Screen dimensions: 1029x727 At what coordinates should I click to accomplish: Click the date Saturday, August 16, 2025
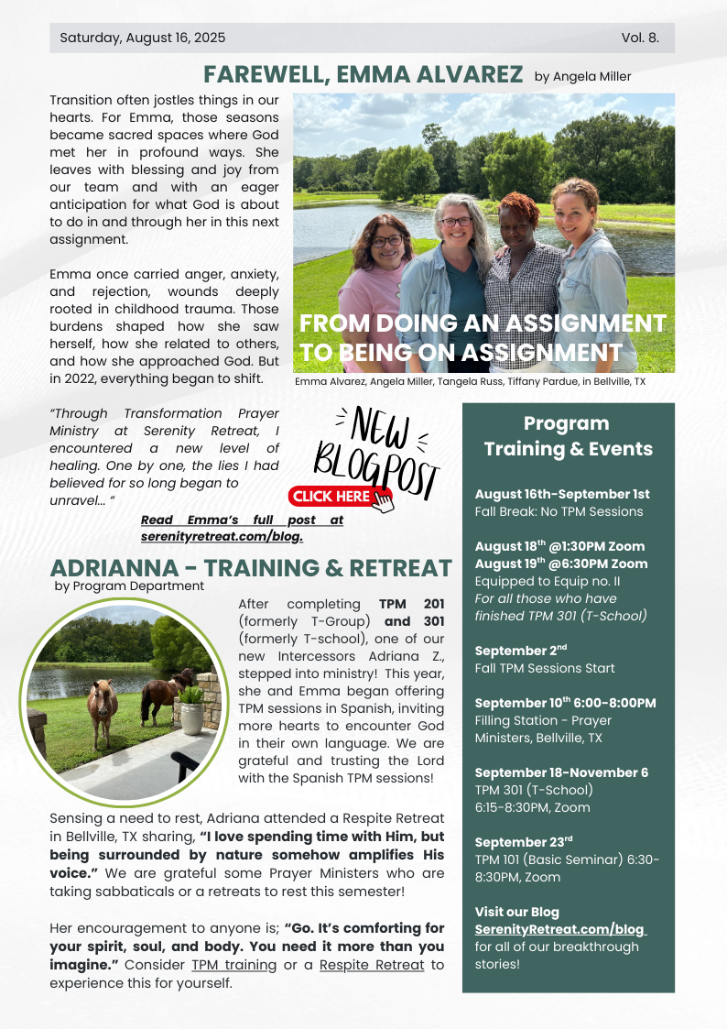[142, 38]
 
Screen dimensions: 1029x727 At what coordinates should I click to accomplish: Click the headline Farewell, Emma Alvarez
[363, 74]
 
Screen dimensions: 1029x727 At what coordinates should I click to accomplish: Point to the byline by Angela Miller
[582, 76]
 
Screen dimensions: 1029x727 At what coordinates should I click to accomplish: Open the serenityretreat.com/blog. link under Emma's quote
[222, 536]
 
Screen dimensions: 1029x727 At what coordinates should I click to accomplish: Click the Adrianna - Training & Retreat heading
[251, 568]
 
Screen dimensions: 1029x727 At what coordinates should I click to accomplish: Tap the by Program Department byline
[129, 586]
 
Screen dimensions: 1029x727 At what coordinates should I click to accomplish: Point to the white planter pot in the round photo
[191, 716]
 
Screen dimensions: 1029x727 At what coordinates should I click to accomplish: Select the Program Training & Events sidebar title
[568, 436]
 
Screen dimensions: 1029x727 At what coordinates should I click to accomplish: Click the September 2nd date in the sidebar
[516, 651]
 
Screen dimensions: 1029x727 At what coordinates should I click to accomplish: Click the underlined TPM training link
[233, 965]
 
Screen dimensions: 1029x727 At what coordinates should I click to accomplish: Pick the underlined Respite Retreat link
[371, 965]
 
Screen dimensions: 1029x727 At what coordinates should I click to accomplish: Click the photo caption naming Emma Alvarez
[470, 381]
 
